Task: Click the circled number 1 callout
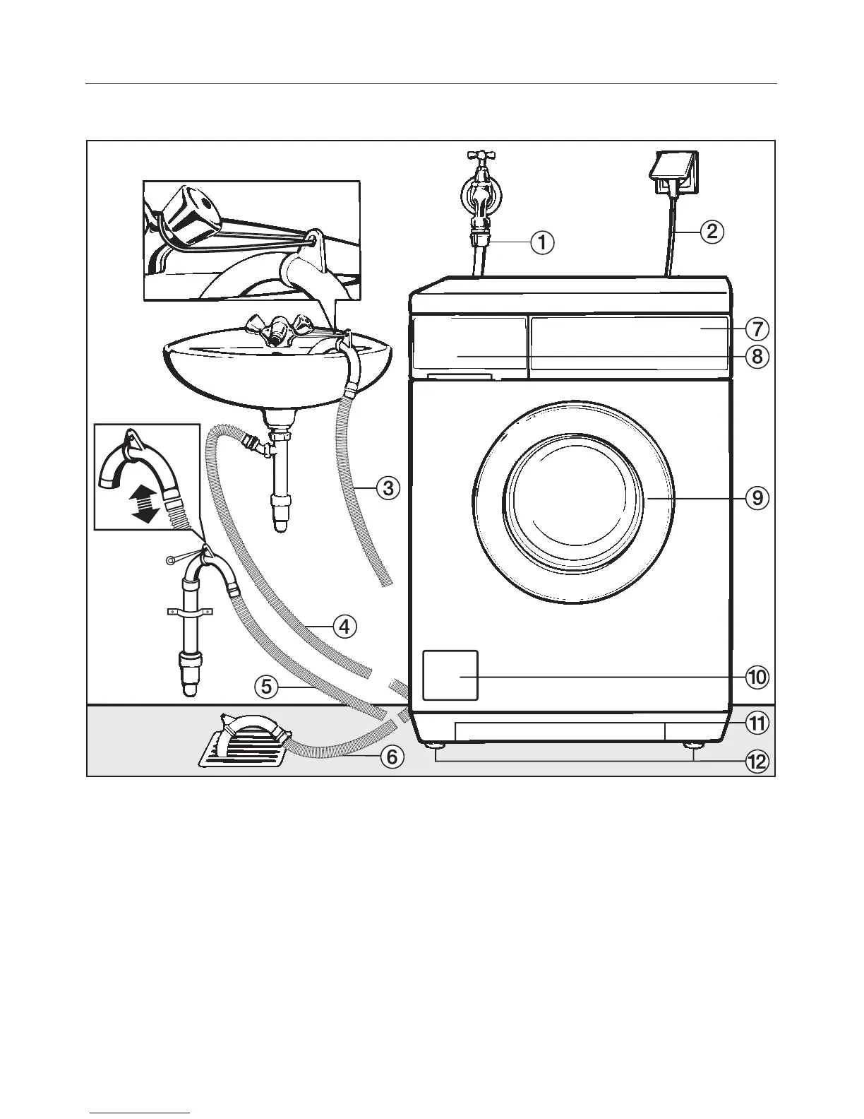(x=541, y=243)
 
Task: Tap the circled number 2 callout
(x=712, y=231)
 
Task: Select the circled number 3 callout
(x=388, y=487)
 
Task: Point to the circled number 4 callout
(x=344, y=626)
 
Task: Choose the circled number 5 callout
(x=266, y=686)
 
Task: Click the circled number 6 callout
(x=392, y=757)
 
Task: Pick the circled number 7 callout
(x=757, y=328)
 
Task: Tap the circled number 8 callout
(x=757, y=357)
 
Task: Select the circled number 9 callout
(x=757, y=498)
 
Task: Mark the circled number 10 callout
(x=757, y=677)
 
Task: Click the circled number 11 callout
(x=757, y=723)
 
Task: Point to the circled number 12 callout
(x=757, y=762)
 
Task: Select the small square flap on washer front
(x=450, y=675)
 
